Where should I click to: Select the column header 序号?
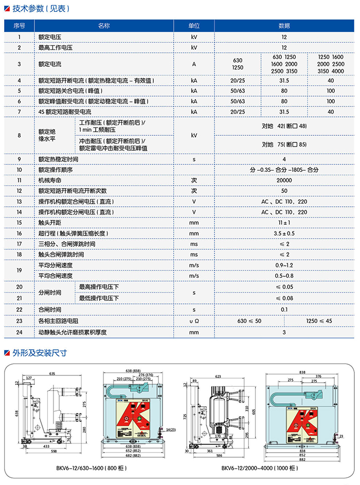click(19, 25)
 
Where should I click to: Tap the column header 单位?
click(193, 25)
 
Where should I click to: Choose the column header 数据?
click(284, 25)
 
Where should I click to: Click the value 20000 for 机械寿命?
click(284, 181)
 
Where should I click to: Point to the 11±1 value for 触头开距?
click(284, 223)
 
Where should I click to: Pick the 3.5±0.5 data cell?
click(284, 233)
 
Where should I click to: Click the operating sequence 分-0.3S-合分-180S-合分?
click(284, 170)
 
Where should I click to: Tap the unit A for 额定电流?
click(194, 64)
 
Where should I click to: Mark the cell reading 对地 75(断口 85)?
click(284, 144)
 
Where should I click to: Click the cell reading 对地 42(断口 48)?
click(284, 126)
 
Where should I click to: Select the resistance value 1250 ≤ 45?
click(319, 321)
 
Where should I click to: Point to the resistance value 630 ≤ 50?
click(249, 321)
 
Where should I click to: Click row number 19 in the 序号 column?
click(19, 271)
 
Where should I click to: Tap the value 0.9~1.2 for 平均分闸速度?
click(284, 265)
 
